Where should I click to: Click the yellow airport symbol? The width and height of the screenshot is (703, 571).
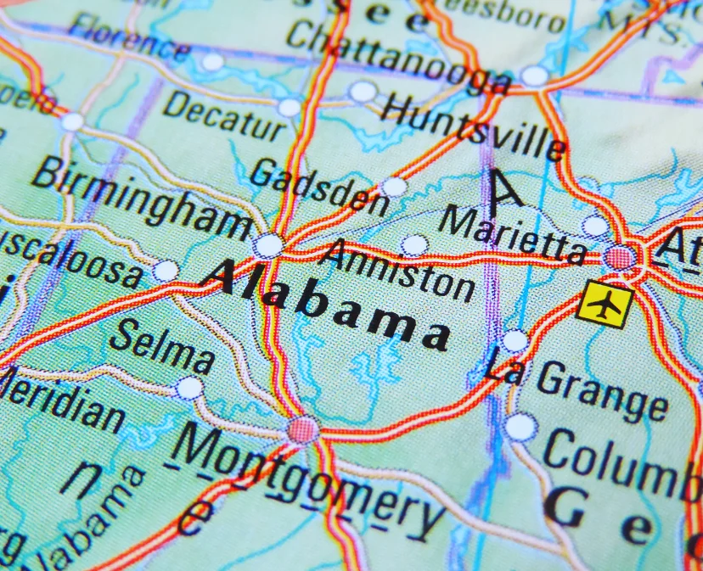[x=605, y=305]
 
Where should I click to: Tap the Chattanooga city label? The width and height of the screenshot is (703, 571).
[x=399, y=55]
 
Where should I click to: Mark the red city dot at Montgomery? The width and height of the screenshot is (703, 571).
[x=302, y=430]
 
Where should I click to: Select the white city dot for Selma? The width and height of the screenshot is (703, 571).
[x=189, y=389]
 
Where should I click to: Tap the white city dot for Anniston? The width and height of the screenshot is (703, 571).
[x=414, y=246]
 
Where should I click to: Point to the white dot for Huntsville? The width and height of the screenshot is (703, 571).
[x=363, y=92]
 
